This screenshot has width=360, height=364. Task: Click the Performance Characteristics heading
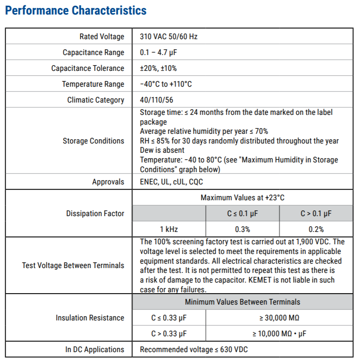[76, 11]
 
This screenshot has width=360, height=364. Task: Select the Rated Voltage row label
[102, 37]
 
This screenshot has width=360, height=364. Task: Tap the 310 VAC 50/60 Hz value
[168, 37]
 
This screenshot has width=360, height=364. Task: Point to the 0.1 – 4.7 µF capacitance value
[158, 52]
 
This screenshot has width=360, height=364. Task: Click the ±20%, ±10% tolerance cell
[158, 68]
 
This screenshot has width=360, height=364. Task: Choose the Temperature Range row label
[93, 84]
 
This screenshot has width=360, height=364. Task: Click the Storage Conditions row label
[93, 141]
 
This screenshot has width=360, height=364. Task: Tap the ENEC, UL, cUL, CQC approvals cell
[171, 182]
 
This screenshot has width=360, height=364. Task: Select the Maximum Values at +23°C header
[242, 198]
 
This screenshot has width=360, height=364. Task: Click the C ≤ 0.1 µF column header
[242, 213]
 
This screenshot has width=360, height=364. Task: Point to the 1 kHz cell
[169, 229]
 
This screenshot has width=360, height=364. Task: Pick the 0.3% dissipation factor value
[242, 229]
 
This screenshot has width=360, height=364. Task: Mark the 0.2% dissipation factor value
[316, 229]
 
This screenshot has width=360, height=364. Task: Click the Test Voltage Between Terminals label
[73, 265]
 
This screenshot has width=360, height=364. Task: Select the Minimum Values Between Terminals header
[242, 302]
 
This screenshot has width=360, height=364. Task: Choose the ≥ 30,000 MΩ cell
[279, 318]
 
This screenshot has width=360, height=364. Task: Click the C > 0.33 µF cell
[169, 334]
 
